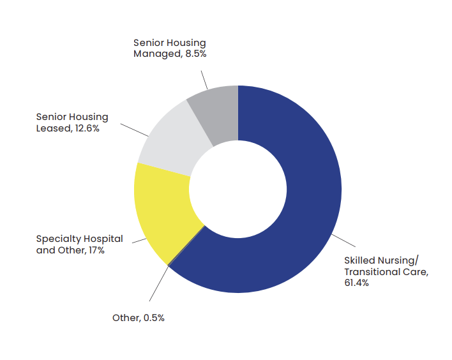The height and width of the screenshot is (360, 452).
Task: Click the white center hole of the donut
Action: pyautogui.click(x=237, y=189)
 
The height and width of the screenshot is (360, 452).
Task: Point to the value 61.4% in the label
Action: pyautogui.click(x=356, y=282)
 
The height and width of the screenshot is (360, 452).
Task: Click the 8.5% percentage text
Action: pyautogui.click(x=194, y=54)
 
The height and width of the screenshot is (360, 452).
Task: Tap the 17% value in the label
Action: pyautogui.click(x=96, y=250)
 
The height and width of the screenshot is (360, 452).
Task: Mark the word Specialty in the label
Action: pyautogui.click(x=57, y=239)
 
